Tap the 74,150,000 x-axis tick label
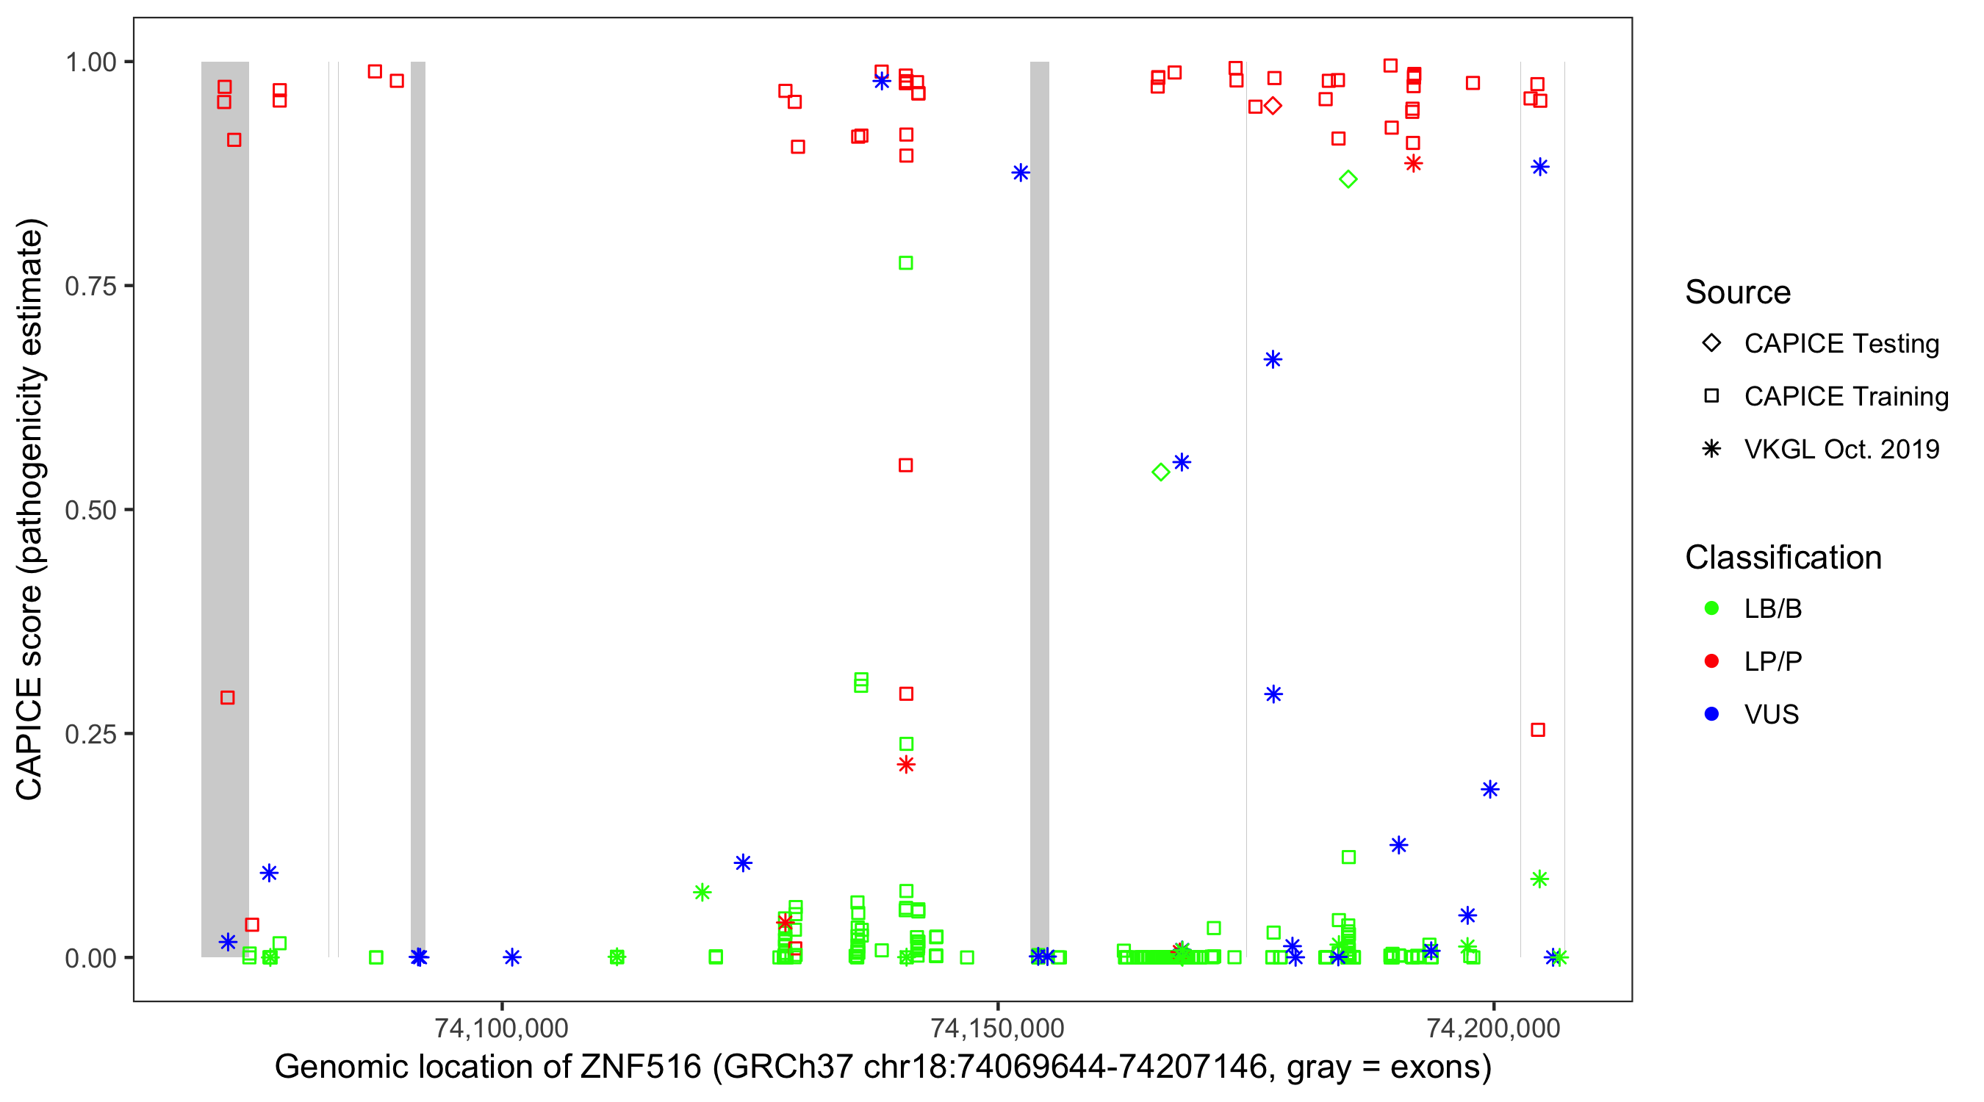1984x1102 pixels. (x=997, y=1028)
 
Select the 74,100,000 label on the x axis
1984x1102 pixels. (x=501, y=1028)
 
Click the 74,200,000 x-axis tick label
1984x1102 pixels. (x=1493, y=1028)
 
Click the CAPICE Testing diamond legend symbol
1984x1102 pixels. (x=1711, y=344)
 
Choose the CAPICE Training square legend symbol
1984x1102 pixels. (x=1711, y=397)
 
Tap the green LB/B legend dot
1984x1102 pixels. (x=1711, y=609)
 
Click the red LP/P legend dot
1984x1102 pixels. (x=1711, y=661)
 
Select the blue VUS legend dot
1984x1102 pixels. (x=1711, y=715)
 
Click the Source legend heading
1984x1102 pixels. (x=1738, y=292)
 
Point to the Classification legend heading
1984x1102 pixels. (x=1783, y=558)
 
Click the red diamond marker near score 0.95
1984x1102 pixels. (x=1273, y=106)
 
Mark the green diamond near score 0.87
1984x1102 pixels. (x=1348, y=179)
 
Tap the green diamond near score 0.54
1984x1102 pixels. (x=1161, y=472)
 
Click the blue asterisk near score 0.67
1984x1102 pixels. (x=1273, y=360)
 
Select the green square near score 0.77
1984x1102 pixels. (x=906, y=263)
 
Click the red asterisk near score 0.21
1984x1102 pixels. (x=906, y=765)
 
